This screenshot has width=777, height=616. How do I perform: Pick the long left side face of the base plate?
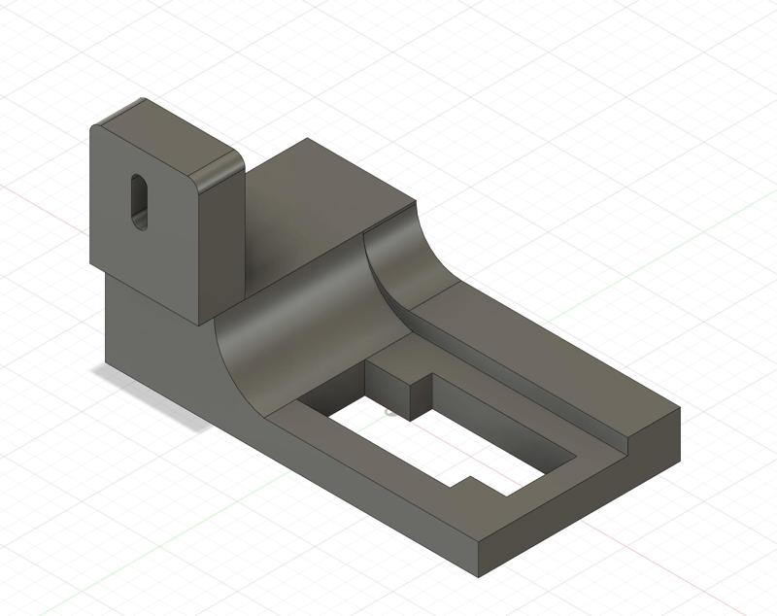click(x=369, y=486)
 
